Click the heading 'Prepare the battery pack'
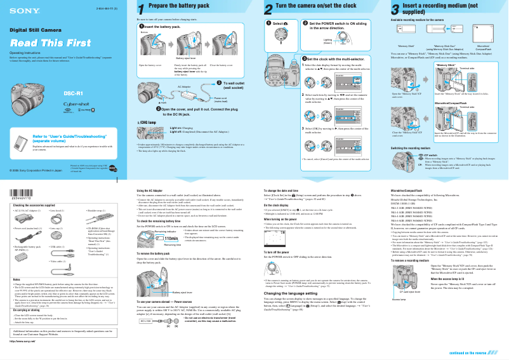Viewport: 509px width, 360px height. (178, 6)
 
